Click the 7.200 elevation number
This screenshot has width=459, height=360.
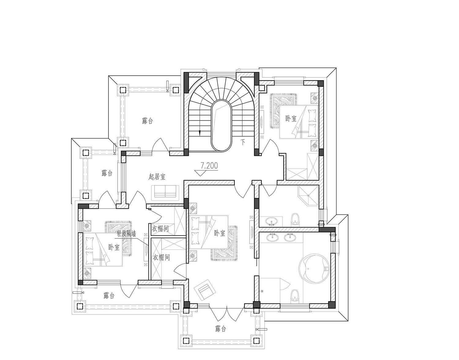(x=209, y=166)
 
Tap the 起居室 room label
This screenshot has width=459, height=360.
(x=157, y=177)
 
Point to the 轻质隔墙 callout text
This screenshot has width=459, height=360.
(x=126, y=234)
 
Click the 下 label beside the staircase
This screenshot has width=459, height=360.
(x=243, y=143)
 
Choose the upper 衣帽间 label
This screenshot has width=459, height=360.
(x=161, y=229)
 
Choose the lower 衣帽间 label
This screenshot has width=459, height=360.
(x=161, y=257)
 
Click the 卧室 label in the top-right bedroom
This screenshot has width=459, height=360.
(x=291, y=119)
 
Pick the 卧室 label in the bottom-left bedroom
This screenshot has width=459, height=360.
(x=114, y=247)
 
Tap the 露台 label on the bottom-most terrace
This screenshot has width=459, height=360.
(x=221, y=329)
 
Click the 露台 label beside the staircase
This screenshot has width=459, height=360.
(x=147, y=121)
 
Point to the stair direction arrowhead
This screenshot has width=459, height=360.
(x=200, y=133)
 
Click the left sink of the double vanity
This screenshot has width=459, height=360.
(x=273, y=237)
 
